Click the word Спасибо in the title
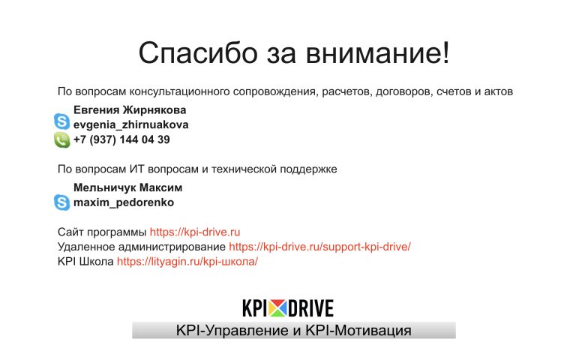click(198, 53)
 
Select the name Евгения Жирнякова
click(130, 109)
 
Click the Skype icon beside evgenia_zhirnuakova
click(61, 121)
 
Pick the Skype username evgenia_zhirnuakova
click(130, 125)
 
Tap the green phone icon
click(61, 140)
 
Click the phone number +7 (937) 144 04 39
click(121, 139)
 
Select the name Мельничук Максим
click(127, 187)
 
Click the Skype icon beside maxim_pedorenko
click(61, 202)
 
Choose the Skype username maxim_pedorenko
click(124, 202)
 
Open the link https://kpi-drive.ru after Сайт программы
click(195, 232)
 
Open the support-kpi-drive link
click(319, 247)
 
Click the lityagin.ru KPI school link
click(187, 262)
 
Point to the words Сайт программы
click(102, 232)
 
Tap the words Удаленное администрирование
click(142, 247)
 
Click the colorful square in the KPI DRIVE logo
click(277, 308)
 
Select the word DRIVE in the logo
click(310, 308)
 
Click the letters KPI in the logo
click(254, 308)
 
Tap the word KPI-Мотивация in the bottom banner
click(358, 331)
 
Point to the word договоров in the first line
click(403, 91)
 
